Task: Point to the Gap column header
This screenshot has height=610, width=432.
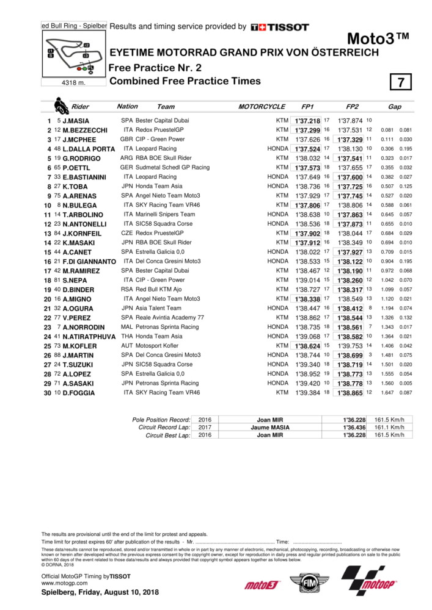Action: click(x=395, y=107)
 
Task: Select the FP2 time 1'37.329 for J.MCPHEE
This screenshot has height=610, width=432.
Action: click(x=351, y=140)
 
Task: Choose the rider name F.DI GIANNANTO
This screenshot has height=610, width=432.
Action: click(x=89, y=261)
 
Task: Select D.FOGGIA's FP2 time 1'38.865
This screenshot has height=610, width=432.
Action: click(x=351, y=392)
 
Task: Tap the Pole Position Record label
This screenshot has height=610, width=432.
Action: click(x=161, y=420)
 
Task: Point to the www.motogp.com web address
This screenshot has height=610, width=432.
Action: click(x=60, y=583)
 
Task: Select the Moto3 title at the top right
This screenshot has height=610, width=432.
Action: click(x=378, y=38)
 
